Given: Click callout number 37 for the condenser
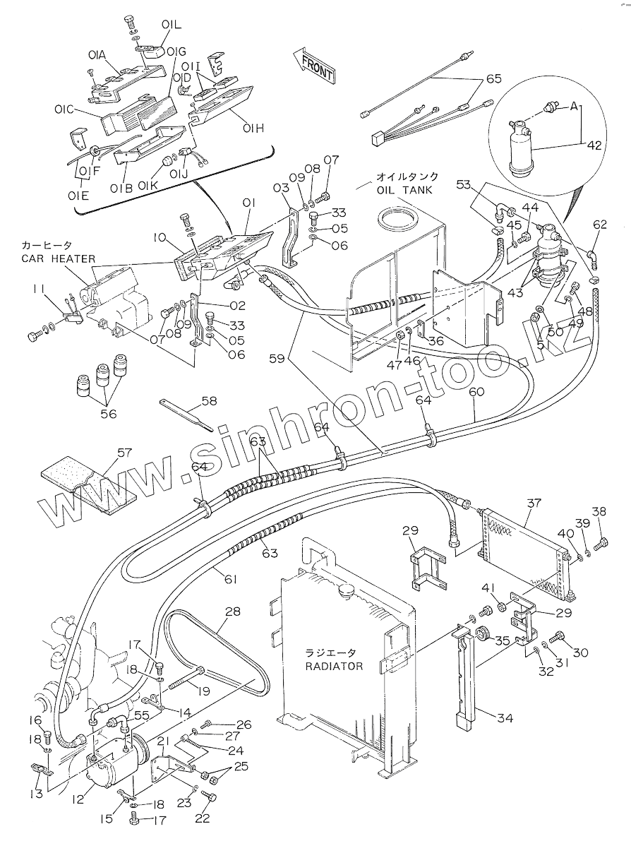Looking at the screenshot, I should pos(534,503).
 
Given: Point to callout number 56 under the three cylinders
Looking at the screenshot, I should pos(108,414).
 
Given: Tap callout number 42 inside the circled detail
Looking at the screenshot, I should pos(594,145).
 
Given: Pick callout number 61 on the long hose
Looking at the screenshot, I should pos(231,578).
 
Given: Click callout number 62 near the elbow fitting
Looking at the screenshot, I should pos(599,225).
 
